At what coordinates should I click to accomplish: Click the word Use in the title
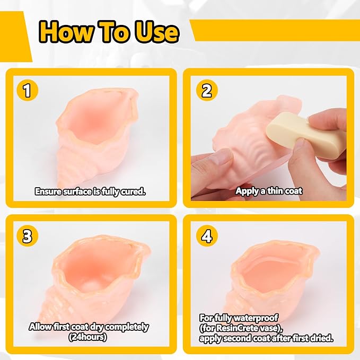[x=156, y=32]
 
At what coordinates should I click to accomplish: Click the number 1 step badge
[x=28, y=90]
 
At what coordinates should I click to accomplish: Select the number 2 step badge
[x=207, y=90]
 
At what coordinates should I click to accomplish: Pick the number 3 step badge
[x=28, y=236]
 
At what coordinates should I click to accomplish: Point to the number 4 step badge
[x=207, y=236]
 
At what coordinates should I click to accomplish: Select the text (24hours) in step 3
[x=87, y=337]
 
